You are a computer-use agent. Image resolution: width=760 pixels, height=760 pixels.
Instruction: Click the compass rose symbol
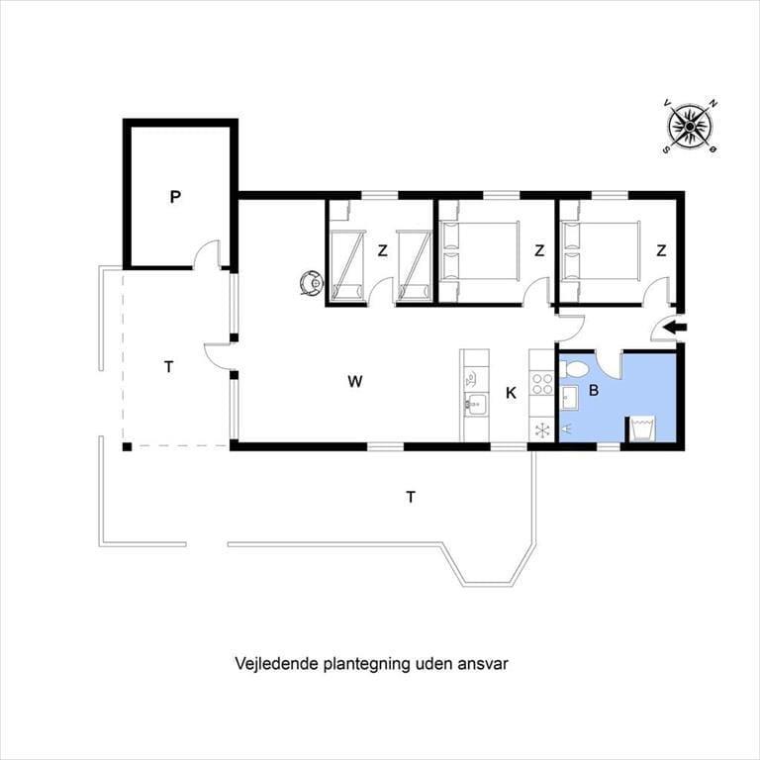pos(689,127)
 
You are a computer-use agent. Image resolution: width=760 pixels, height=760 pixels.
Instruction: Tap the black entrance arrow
pos(675,329)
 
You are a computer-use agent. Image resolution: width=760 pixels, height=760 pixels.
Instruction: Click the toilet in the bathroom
pos(574,371)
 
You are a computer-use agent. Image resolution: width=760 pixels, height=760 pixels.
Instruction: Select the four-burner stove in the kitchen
pos(542,383)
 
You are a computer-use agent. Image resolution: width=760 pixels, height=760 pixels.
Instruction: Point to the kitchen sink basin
pos(476,404)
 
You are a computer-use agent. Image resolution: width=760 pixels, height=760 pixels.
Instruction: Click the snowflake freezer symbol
pos(542,429)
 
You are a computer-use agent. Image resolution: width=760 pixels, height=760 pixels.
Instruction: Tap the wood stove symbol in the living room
pos(311,283)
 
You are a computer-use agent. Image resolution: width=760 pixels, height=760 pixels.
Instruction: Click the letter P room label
pos(175,197)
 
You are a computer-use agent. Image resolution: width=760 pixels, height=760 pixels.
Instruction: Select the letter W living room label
pos(355,381)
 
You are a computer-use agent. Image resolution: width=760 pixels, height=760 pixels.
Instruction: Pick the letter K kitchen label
pos(511,393)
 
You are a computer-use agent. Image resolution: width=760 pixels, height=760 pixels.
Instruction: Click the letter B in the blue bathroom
pos(594,390)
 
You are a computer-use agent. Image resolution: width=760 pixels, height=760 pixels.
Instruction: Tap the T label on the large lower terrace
pos(411,497)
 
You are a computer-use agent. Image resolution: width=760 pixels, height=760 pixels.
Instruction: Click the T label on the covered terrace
pos(168,367)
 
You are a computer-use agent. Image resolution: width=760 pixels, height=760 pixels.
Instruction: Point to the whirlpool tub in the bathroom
pos(642,428)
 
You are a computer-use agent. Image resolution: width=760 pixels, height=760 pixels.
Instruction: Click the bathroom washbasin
pos(570,399)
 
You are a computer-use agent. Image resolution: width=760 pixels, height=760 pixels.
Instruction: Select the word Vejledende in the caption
pos(276,664)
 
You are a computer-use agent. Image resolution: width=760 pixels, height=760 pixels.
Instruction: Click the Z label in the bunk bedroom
pos(383,250)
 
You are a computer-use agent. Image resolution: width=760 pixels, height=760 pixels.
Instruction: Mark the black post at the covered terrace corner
pos(127,447)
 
